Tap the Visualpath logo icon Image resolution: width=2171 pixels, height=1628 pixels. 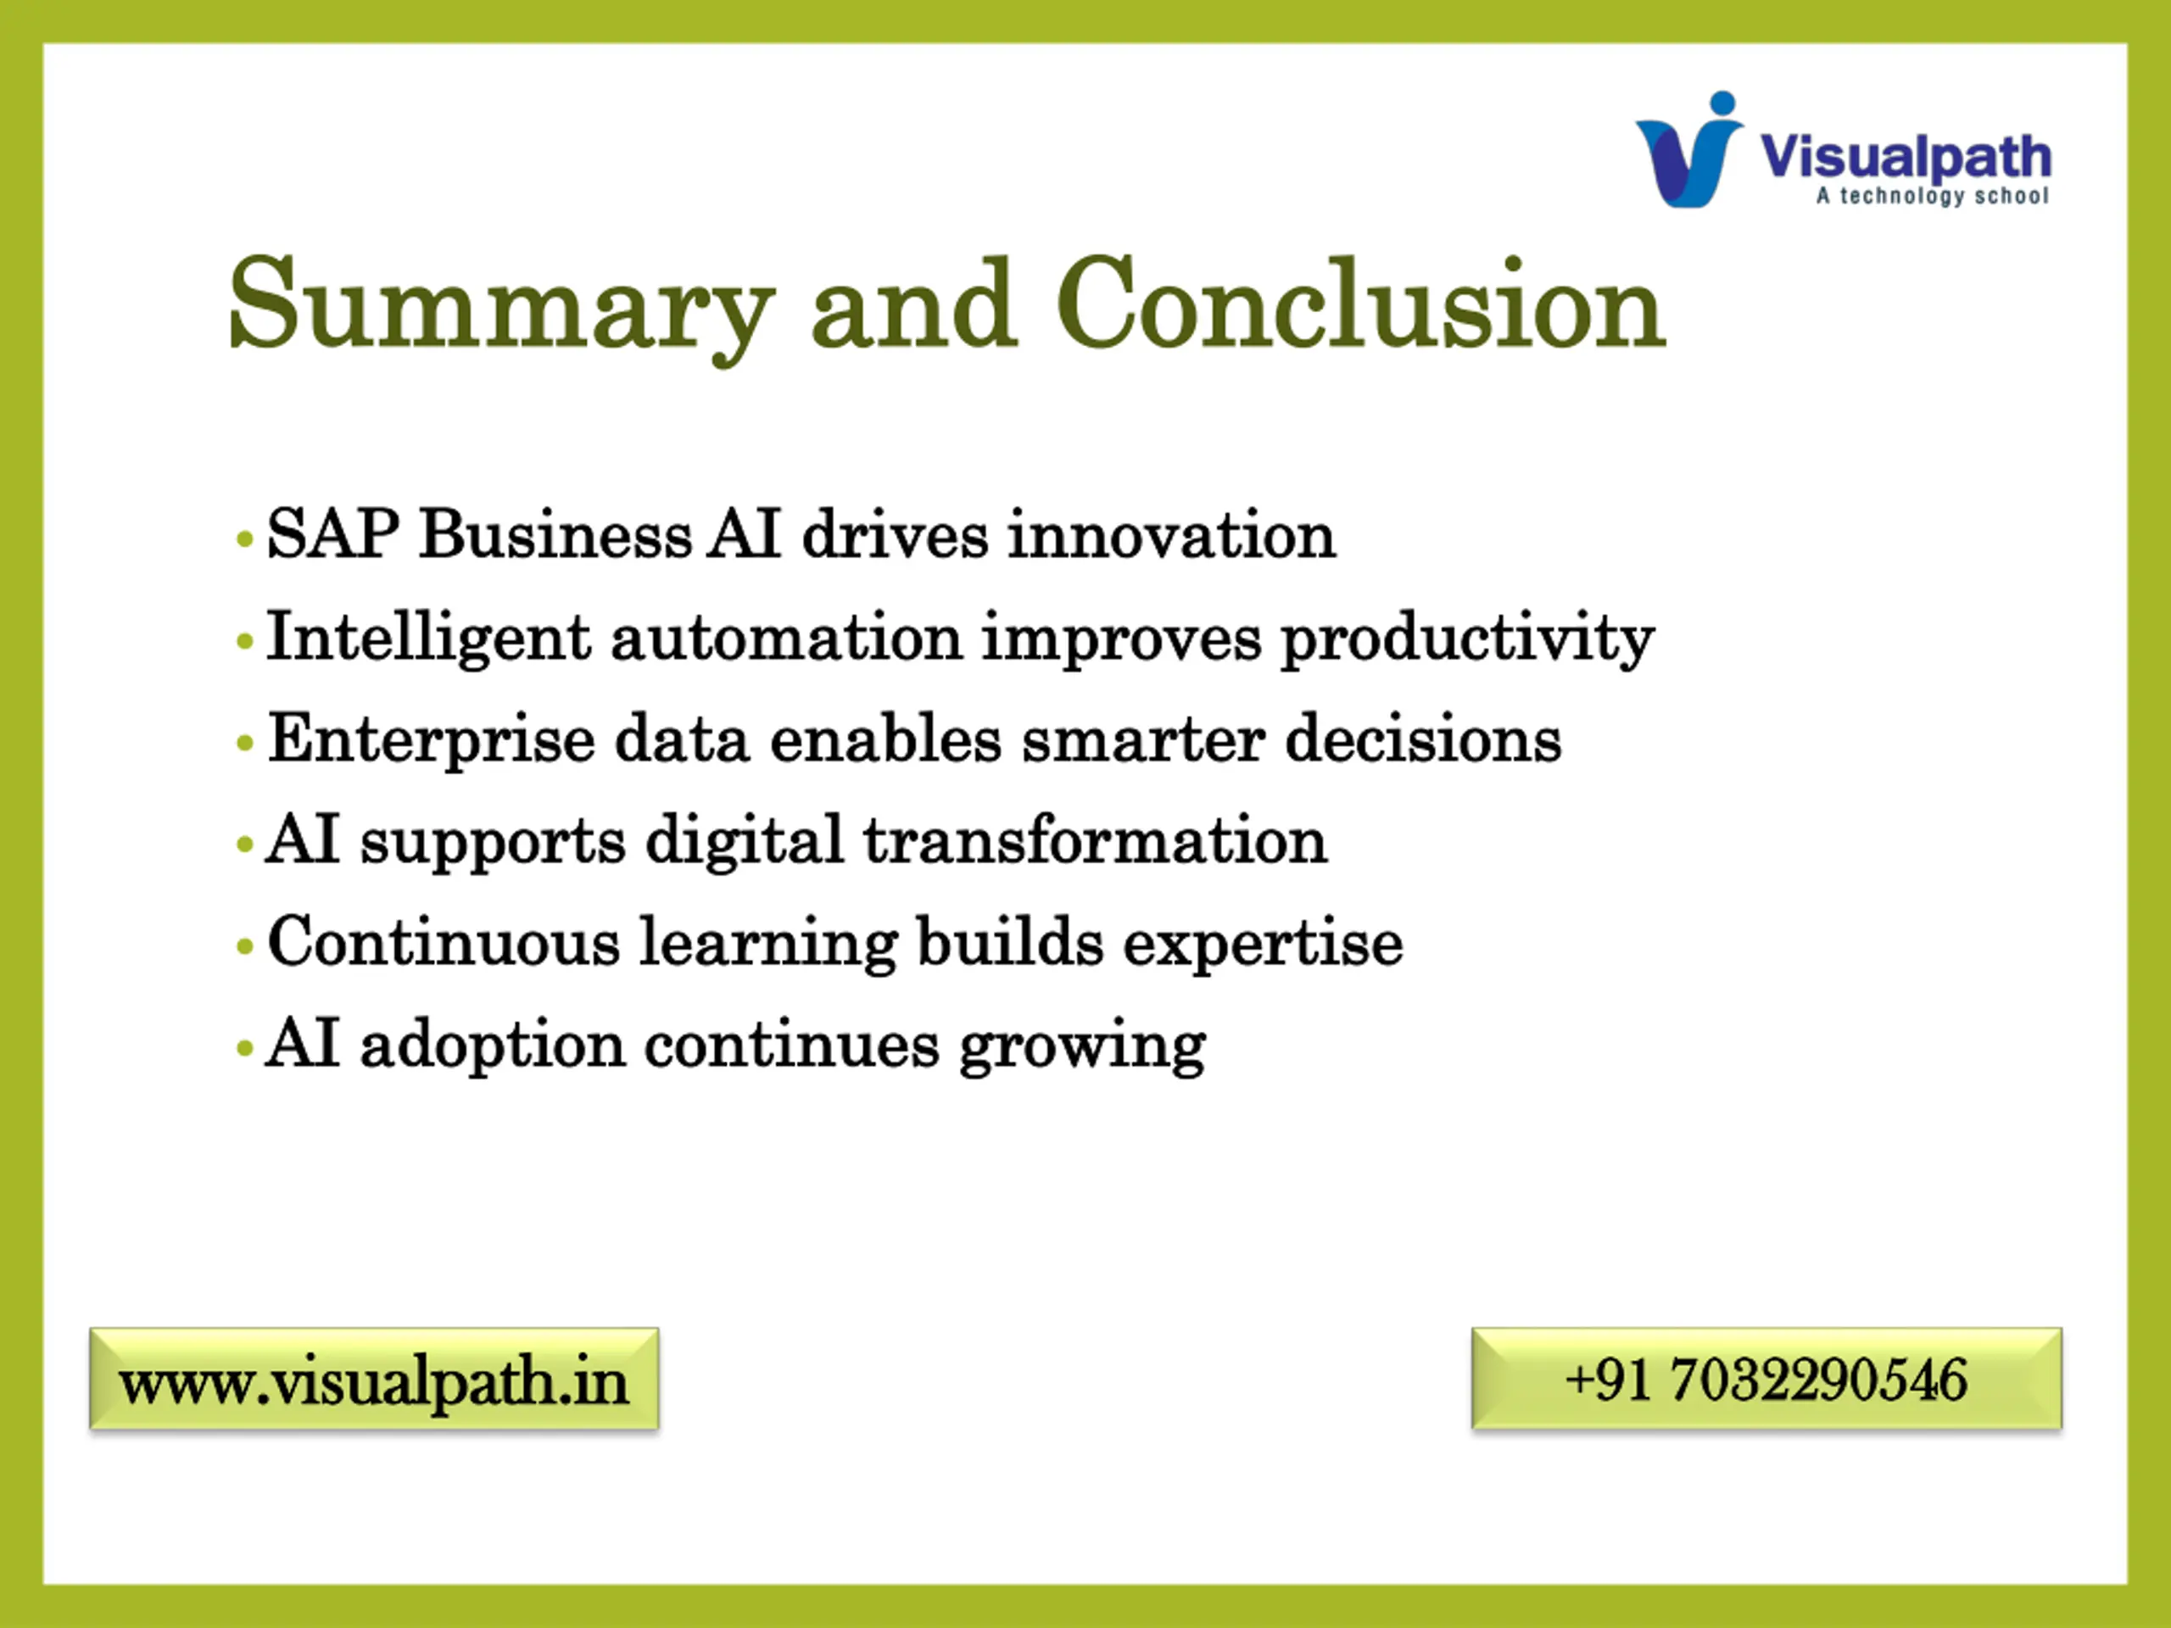coord(1689,149)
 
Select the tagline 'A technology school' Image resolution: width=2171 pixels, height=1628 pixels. coord(1933,196)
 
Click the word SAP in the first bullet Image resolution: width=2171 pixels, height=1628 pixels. coord(332,535)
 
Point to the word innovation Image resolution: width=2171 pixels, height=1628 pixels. coord(1172,536)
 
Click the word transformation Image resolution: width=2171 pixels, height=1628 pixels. coord(1094,841)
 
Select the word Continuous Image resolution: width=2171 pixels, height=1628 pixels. coord(444,942)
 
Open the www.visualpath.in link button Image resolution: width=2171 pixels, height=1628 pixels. coord(374,1379)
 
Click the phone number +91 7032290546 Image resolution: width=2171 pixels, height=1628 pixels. coord(1766,1379)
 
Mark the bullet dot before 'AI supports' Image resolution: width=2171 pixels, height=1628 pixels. coord(245,844)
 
